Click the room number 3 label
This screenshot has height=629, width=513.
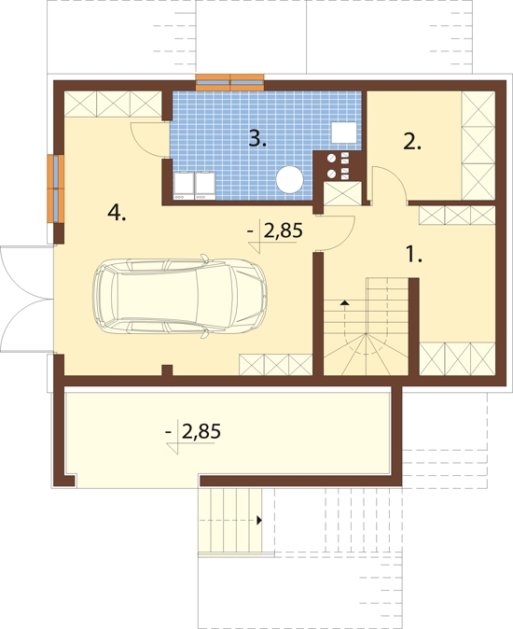point(257,139)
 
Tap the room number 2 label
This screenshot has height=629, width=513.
point(412,142)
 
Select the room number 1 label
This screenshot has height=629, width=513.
point(414,255)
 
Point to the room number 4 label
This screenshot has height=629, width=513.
point(117,212)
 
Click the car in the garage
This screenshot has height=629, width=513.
point(179,297)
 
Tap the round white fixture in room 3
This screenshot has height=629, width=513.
point(290,179)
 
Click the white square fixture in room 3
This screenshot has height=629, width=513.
point(344,133)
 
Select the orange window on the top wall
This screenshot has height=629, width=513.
point(229,83)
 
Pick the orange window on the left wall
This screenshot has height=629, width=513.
point(56,189)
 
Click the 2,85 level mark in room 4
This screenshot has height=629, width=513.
point(275,237)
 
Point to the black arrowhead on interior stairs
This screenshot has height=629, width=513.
point(344,302)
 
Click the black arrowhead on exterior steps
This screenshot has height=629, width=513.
point(259,521)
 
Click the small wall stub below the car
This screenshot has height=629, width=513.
point(167,370)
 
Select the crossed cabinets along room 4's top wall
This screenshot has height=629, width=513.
point(113,105)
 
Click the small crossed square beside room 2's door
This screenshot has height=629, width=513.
point(342,194)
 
